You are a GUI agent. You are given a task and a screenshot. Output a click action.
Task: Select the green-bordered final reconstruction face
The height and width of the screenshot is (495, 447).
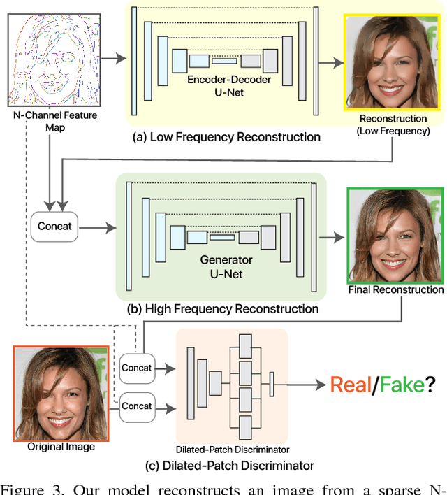[395, 234]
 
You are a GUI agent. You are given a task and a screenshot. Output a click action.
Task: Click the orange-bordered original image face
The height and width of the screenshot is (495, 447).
[61, 392]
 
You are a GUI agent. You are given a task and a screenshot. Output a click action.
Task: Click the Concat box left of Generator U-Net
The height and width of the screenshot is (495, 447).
[55, 227]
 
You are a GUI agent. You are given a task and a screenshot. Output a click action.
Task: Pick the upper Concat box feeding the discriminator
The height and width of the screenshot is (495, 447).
[137, 368]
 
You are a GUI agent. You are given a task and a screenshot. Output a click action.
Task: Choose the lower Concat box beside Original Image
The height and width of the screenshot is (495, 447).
[137, 406]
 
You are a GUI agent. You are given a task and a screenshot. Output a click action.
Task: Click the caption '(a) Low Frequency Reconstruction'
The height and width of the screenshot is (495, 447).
[227, 137]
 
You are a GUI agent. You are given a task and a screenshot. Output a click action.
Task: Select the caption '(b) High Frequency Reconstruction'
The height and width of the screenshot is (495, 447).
[219, 308]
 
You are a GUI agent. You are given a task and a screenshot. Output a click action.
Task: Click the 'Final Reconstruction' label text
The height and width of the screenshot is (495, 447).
[395, 289]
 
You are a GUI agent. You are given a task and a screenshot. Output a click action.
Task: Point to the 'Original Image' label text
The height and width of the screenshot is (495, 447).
[61, 447]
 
